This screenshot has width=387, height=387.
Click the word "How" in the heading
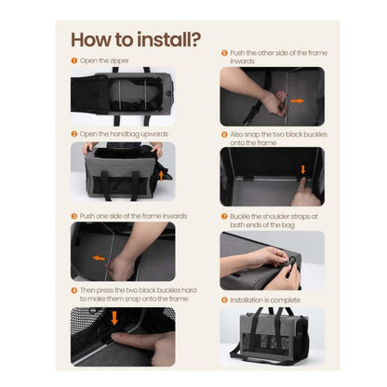point(95,40)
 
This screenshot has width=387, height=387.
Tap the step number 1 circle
point(74,60)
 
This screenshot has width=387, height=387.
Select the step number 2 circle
point(74,133)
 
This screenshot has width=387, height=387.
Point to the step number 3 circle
point(74,215)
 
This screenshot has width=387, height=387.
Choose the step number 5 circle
point(224,53)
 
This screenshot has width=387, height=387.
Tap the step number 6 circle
point(224,133)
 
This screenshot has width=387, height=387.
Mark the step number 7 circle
point(224,216)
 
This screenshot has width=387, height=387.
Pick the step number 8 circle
point(224,299)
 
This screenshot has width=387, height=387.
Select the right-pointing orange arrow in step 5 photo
point(296,100)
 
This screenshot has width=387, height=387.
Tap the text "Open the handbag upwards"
point(120,133)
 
